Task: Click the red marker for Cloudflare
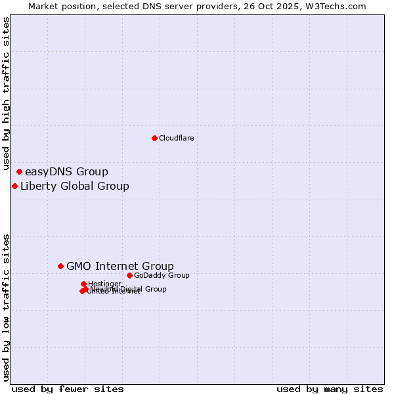154,138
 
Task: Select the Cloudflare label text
176,138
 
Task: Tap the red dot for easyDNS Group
19,172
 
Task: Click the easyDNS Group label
66,172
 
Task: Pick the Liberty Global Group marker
14,186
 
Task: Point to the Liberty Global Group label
74,186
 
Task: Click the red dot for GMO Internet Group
60,266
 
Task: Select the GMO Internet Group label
120,266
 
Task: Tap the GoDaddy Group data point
129,275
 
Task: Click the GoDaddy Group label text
162,275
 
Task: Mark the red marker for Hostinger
83,284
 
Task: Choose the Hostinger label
104,284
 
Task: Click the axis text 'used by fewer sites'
68,389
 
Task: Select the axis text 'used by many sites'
330,389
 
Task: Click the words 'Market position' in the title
60,6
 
